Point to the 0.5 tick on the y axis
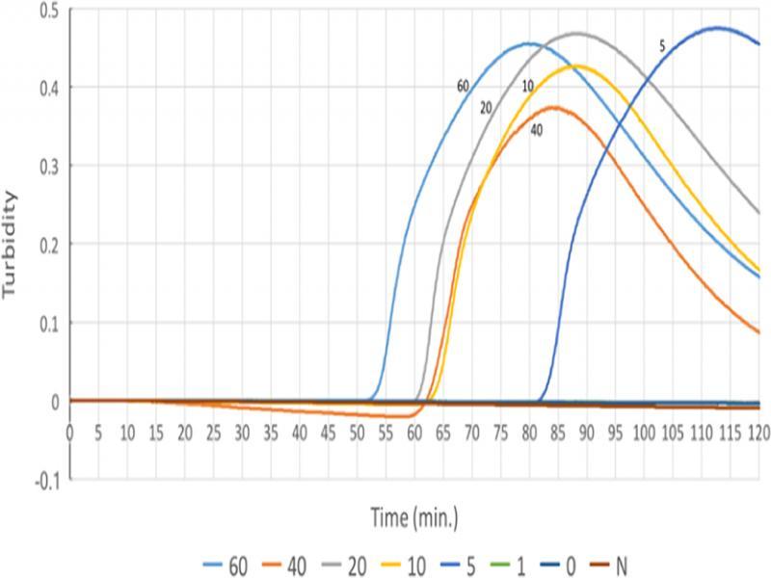pos(46,10)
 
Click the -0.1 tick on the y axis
pos(44,480)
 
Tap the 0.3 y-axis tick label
pos(46,166)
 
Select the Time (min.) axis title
pos(414,518)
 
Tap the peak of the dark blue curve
pos(716,27)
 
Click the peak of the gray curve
pos(576,33)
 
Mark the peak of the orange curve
pos(554,106)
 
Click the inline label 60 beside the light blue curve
pos(463,87)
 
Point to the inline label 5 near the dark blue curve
pos(662,44)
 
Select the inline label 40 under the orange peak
pos(536,130)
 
